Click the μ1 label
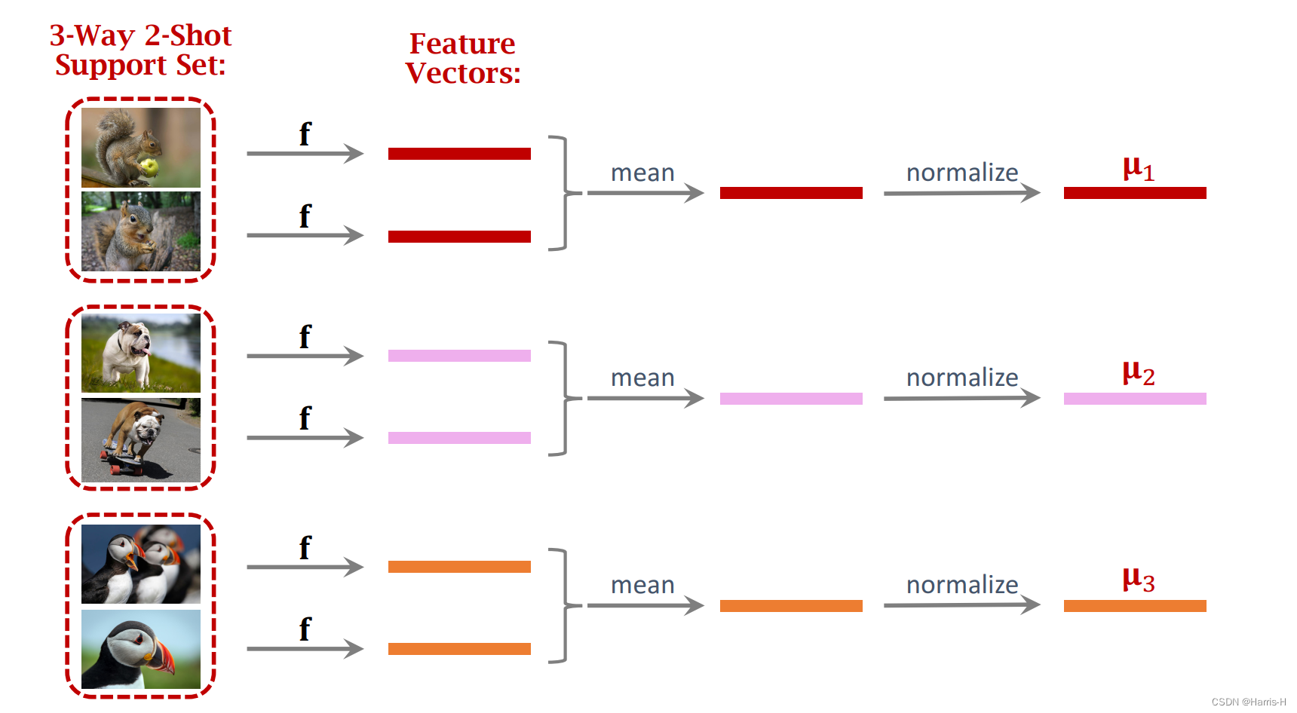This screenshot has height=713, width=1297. tap(1138, 168)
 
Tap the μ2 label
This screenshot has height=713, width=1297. tap(1138, 373)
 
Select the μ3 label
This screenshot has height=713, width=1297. tap(1138, 580)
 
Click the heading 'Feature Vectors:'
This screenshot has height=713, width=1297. tap(462, 58)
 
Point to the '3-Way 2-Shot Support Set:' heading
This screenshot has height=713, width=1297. tap(140, 50)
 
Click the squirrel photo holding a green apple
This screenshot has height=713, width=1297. tap(141, 147)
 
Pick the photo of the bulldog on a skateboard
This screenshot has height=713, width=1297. tap(141, 439)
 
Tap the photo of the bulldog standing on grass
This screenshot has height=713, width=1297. tap(141, 353)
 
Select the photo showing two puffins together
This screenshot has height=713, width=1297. tap(141, 564)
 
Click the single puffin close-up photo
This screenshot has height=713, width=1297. tap(141, 649)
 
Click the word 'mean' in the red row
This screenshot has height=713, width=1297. tap(642, 173)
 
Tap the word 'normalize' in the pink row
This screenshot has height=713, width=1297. tap(962, 377)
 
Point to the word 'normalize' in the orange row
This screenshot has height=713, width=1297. tap(962, 584)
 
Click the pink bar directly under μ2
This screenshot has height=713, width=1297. tap(1135, 399)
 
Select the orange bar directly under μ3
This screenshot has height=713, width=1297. tap(1135, 606)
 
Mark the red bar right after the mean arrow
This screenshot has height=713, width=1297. tap(791, 193)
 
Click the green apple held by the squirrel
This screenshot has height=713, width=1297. tap(149, 167)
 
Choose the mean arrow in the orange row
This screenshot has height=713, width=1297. tap(645, 605)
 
